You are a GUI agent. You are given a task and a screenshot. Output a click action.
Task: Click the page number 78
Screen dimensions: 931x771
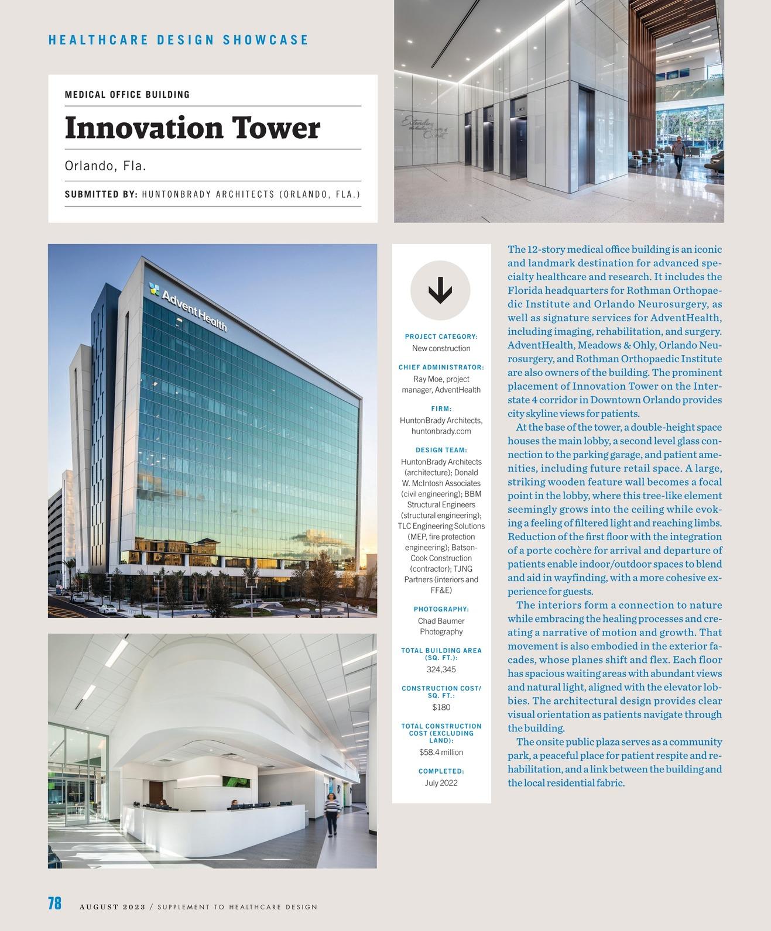(54, 903)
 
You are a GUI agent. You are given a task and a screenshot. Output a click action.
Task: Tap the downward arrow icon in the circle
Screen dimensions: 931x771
(440, 291)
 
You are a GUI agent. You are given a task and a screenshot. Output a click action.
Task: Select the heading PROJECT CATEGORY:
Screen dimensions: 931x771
(441, 336)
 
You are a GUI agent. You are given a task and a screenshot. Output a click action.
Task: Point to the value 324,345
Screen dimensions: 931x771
(441, 669)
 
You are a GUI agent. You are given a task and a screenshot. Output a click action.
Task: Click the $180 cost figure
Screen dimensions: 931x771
(441, 707)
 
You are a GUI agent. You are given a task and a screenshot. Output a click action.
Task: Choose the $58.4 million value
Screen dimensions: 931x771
(441, 753)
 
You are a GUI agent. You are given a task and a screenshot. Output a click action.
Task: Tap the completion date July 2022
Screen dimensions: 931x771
(441, 783)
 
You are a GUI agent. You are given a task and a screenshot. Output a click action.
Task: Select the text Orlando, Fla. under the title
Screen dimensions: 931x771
(105, 166)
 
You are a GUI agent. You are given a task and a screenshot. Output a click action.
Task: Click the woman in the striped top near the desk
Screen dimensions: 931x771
(332, 813)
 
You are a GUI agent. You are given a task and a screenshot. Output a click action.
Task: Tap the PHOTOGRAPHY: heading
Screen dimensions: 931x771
(441, 609)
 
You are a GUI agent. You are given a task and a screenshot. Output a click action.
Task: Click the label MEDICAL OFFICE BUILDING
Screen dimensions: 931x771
(127, 95)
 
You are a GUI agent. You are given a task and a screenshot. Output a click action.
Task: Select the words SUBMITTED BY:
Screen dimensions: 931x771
(101, 194)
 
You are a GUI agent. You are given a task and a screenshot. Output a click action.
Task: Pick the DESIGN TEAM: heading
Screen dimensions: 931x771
(441, 450)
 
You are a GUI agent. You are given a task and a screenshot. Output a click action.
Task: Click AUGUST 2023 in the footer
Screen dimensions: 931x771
(112, 907)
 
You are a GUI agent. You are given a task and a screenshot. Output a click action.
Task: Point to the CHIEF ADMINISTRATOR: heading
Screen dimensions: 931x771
(441, 367)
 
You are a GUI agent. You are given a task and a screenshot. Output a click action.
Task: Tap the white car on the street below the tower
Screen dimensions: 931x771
(107, 609)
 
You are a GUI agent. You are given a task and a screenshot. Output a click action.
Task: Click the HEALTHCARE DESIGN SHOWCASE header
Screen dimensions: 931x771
(178, 40)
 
